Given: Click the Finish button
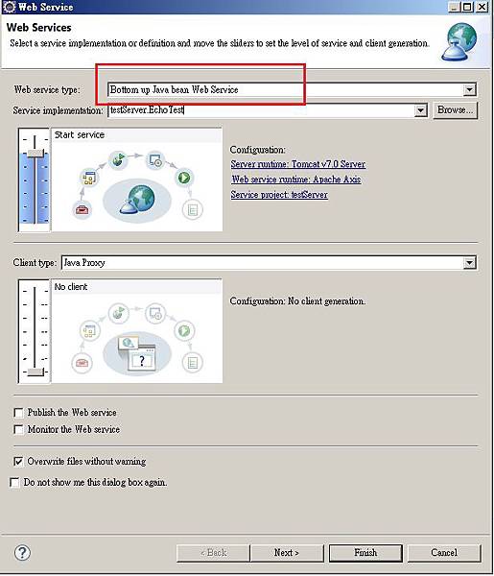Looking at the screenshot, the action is pos(365,553).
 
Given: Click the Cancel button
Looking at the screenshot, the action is pos(444,553).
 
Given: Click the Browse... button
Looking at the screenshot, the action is pos(455,110).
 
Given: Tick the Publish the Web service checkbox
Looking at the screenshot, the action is pos(18,413).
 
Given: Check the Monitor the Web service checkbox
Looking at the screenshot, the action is pos(18,429).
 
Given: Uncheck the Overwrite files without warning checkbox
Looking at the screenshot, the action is pos(18,462).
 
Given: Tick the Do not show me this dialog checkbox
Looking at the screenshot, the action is pos(14,482).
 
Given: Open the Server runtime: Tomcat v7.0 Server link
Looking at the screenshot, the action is pos(298,164).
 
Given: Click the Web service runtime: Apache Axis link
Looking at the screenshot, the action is pos(296,180).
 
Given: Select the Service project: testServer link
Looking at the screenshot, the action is pos(279,194).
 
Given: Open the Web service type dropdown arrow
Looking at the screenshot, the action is pos(469,89).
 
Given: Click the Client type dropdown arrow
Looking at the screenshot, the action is pos(469,263).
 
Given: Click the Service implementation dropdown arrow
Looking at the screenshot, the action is pos(420,110).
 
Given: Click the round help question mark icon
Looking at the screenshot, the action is pos(22,553).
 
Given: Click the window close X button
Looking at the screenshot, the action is pos(482,7).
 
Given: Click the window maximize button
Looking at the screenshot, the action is pos(467,7).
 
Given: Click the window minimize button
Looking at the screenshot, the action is pos(455,7).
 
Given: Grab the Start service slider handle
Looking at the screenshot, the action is pos(35,153).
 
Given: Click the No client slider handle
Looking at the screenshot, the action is pos(35,372).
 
